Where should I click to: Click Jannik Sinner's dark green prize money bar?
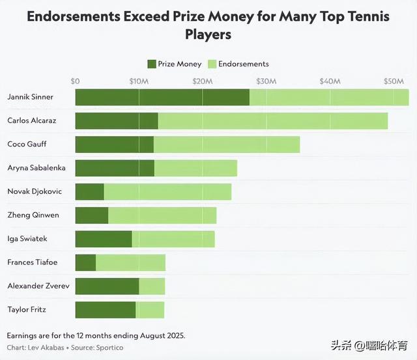tap(162, 97)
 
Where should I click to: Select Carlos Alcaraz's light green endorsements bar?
tap(272, 120)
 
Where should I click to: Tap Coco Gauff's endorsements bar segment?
tap(226, 145)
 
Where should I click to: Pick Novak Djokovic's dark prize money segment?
tap(89, 191)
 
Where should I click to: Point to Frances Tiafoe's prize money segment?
tap(85, 262)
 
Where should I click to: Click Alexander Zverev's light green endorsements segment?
tap(152, 286)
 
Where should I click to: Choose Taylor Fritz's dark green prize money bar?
tap(106, 309)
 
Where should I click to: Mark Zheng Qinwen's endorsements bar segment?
tap(162, 215)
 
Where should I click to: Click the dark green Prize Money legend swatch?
tap(152, 64)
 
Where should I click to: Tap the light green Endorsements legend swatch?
tap(212, 64)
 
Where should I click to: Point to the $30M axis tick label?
tap(266, 81)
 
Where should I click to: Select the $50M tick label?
tap(394, 81)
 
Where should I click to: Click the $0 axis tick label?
tap(75, 81)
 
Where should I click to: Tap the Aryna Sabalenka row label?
tap(36, 168)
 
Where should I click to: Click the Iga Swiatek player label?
tap(27, 239)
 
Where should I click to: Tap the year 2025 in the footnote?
tap(173, 335)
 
